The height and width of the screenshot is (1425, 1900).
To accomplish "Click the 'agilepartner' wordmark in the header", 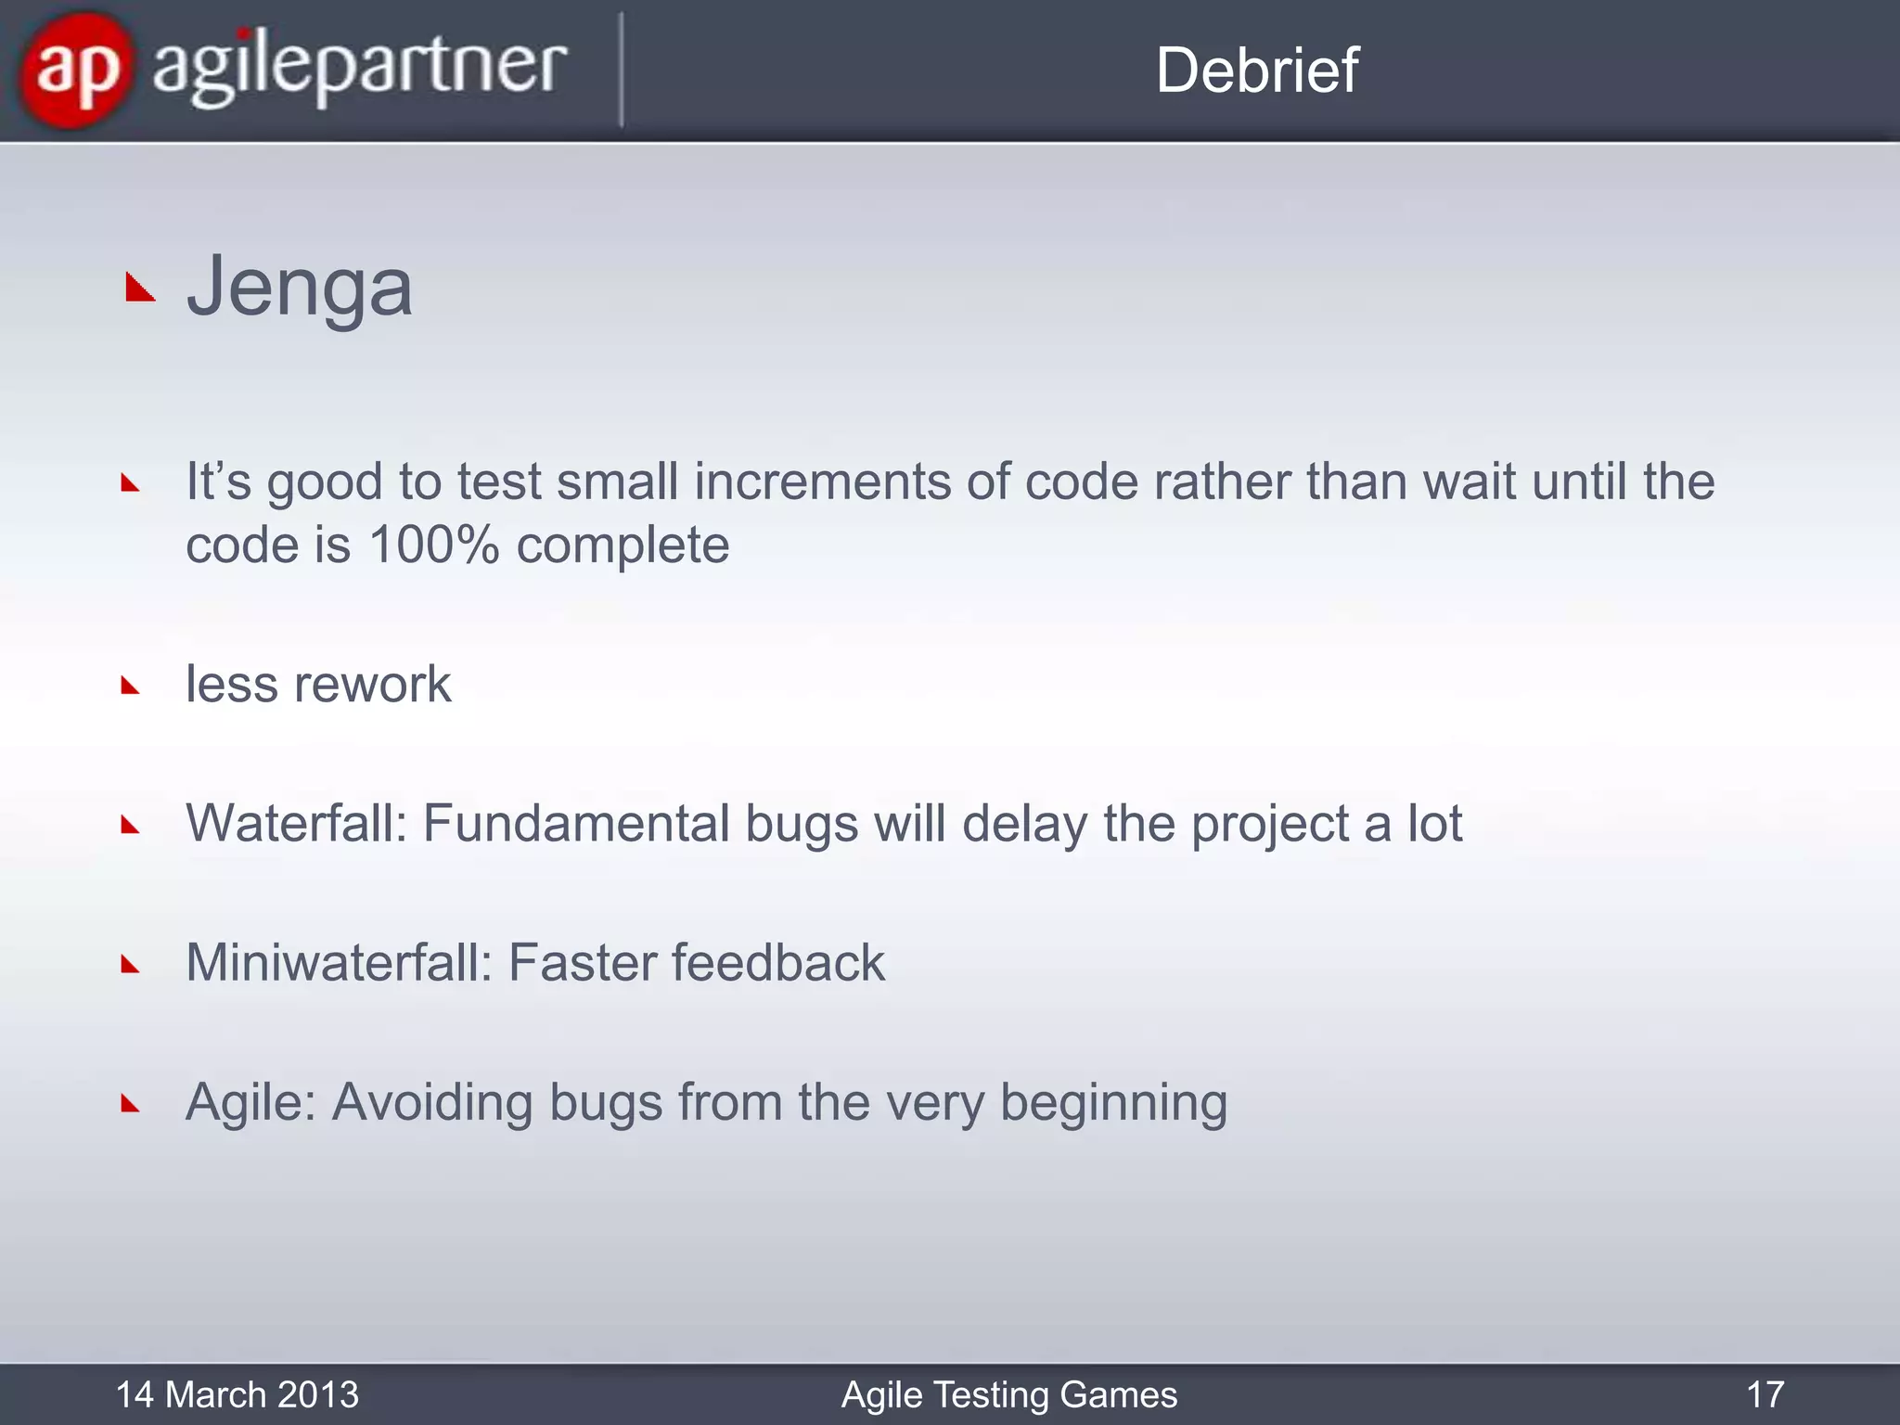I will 359,70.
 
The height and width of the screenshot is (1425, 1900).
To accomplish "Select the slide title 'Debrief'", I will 1256,71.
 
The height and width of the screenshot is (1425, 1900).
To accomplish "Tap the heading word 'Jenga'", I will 299,288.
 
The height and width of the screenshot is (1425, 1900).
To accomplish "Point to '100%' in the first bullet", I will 433,545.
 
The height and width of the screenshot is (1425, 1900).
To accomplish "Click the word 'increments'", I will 822,481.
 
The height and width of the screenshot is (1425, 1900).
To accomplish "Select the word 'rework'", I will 372,685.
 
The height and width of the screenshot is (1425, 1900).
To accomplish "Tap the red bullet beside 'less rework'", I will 130,687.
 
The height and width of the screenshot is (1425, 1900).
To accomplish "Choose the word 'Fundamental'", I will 576,824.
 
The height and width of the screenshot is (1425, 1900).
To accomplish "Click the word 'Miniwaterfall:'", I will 339,963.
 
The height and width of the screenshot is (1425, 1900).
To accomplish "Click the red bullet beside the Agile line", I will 130,1104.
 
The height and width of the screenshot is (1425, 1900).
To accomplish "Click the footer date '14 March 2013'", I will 237,1394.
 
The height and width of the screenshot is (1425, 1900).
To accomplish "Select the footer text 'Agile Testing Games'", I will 1008,1394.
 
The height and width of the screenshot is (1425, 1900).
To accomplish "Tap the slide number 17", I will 1765,1394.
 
